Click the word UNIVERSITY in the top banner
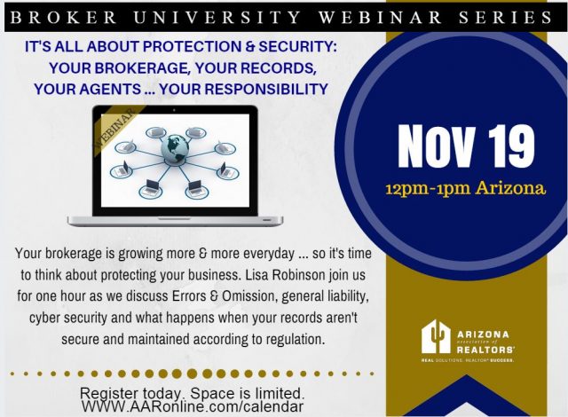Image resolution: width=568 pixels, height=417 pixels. [x=217, y=17]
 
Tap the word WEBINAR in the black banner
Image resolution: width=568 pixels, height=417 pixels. [x=380, y=17]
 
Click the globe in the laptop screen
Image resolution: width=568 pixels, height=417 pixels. [x=175, y=147]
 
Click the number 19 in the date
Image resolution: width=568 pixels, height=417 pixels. [x=510, y=146]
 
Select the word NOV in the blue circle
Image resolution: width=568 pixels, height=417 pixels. [x=436, y=146]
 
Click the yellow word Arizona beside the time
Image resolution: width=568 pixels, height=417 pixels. [x=510, y=188]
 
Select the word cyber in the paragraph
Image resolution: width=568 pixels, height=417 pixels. [x=43, y=319]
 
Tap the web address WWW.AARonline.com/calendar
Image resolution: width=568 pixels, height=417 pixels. [x=193, y=406]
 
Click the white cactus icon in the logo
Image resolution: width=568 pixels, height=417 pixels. [x=436, y=336]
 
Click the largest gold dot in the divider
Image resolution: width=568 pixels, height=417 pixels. [x=192, y=374]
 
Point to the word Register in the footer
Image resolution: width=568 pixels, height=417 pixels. [x=108, y=393]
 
